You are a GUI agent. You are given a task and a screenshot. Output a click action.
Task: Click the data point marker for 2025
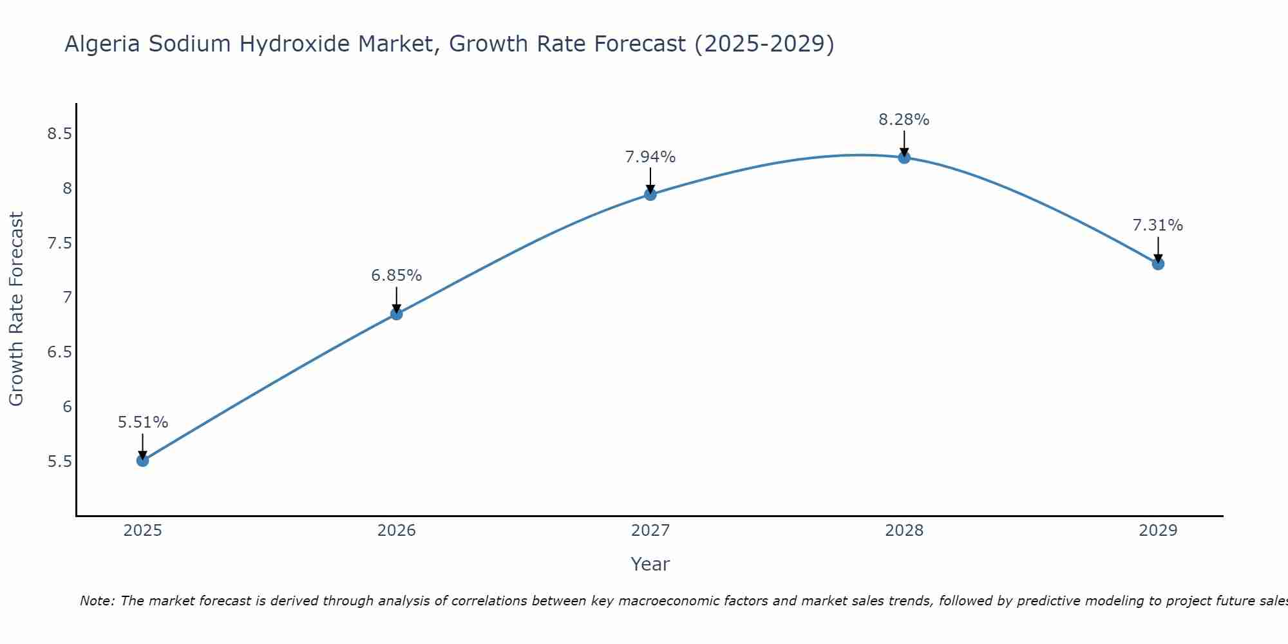[x=143, y=460]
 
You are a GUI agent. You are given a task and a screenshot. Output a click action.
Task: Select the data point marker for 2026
[x=397, y=314]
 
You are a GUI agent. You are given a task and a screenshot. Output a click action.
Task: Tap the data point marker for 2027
[x=650, y=194]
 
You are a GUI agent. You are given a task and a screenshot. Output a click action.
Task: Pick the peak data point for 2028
[x=904, y=157]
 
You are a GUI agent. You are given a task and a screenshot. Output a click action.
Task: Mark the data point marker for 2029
[x=1158, y=263]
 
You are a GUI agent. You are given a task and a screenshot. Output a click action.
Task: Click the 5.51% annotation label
[x=143, y=422]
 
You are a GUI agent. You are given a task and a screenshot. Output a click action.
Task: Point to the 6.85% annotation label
[x=397, y=276]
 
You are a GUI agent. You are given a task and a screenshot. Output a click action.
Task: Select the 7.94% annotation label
[x=650, y=157]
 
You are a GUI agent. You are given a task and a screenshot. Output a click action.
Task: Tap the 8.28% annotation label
[x=904, y=120]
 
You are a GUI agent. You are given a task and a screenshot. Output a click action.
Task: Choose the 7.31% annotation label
[x=1158, y=225]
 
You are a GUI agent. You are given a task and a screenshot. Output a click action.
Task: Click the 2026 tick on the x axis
[x=397, y=531]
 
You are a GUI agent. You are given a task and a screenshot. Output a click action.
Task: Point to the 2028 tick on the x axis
[x=904, y=531]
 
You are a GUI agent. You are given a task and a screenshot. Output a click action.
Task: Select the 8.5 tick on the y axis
[x=59, y=134]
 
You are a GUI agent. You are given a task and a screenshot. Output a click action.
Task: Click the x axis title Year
[x=650, y=564]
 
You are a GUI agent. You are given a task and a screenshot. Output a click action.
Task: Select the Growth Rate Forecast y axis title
[x=16, y=309]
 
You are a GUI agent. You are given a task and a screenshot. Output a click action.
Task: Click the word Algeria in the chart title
[x=102, y=44]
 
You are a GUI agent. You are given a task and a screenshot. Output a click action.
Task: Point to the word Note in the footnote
[x=97, y=601]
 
